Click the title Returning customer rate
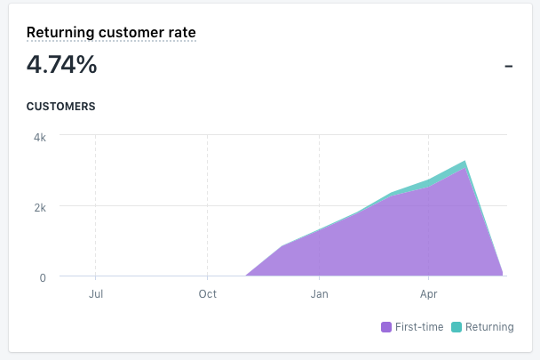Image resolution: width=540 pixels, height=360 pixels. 111,33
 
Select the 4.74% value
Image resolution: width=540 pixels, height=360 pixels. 61,65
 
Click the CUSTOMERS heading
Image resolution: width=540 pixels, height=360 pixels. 60,107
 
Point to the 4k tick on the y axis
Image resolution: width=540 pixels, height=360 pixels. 41,137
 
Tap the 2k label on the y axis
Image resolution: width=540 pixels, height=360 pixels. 41,206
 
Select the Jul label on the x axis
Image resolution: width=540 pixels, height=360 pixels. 96,294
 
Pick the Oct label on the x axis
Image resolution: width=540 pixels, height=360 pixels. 207,294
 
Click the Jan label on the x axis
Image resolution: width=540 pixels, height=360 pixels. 319,294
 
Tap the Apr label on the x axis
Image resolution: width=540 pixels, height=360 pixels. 429,294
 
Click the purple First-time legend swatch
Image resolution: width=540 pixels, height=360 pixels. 386,327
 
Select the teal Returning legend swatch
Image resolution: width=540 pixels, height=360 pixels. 457,327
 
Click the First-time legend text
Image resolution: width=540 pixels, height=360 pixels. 418,327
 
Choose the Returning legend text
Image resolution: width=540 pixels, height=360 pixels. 489,327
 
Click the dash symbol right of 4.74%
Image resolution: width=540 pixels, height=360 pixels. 509,66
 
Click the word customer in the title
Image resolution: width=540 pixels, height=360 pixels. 130,33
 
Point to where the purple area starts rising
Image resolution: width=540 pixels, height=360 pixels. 246,276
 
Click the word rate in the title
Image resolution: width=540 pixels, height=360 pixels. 182,33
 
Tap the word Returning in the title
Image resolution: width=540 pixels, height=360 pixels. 59,33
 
